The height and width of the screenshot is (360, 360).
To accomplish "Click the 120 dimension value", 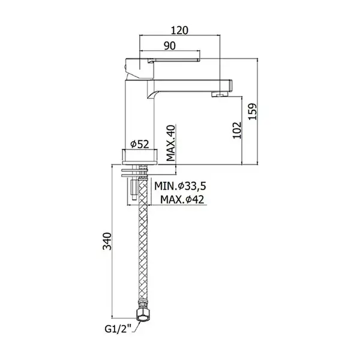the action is click(180, 31).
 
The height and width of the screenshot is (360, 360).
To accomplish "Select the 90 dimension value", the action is click(170, 46).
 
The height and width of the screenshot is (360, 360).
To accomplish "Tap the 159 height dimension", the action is click(253, 112).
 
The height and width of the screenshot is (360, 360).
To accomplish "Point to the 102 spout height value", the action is click(237, 130).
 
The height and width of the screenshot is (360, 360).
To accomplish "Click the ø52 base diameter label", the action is click(140, 144).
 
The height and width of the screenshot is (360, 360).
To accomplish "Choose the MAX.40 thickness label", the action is click(170, 143).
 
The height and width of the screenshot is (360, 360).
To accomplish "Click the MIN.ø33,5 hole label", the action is click(180, 186).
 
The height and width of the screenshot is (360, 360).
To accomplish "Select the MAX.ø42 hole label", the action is click(182, 199).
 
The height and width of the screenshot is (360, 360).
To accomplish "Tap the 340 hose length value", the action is click(107, 241).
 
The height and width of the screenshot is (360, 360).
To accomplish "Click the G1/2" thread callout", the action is click(118, 329).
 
